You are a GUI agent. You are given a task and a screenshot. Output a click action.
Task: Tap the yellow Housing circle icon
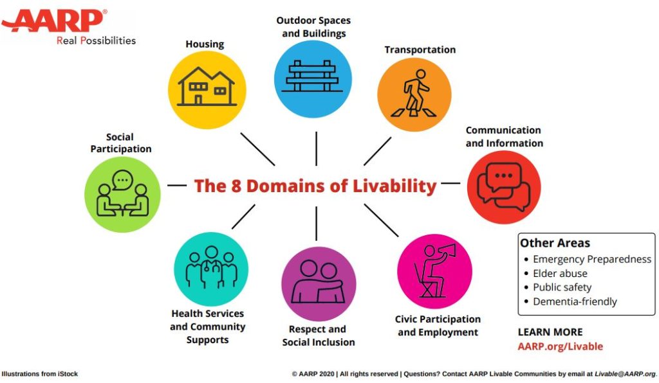tap(207, 90)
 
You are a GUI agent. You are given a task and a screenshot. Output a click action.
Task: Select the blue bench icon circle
tap(313, 79)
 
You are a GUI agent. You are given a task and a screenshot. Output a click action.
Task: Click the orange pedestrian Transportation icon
tap(414, 95)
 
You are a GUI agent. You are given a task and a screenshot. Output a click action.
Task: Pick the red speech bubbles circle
tap(504, 187)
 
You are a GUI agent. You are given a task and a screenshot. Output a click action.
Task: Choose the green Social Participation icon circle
tap(122, 194)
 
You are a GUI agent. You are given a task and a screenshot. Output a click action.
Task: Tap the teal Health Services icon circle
tap(211, 269)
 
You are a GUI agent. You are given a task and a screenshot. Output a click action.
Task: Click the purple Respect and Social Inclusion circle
tap(319, 284)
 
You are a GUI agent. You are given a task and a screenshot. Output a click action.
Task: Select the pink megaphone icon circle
tap(434, 271)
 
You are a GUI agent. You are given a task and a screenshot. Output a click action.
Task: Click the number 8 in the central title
tap(236, 186)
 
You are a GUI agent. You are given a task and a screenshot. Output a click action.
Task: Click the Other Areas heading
tap(555, 243)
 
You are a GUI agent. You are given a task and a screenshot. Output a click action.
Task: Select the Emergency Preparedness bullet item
tap(592, 259)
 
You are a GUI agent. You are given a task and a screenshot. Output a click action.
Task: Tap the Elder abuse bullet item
tap(560, 274)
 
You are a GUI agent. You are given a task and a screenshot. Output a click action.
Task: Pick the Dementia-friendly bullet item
tap(575, 301)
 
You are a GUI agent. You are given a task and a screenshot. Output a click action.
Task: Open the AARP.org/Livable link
tap(561, 346)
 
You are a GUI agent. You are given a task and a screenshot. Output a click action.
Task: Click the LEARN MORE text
tap(550, 332)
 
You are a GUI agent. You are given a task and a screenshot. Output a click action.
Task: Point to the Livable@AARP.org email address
tap(625, 374)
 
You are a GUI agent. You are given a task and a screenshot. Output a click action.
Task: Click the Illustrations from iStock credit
tap(40, 374)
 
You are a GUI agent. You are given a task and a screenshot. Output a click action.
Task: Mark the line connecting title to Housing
tap(257, 149)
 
